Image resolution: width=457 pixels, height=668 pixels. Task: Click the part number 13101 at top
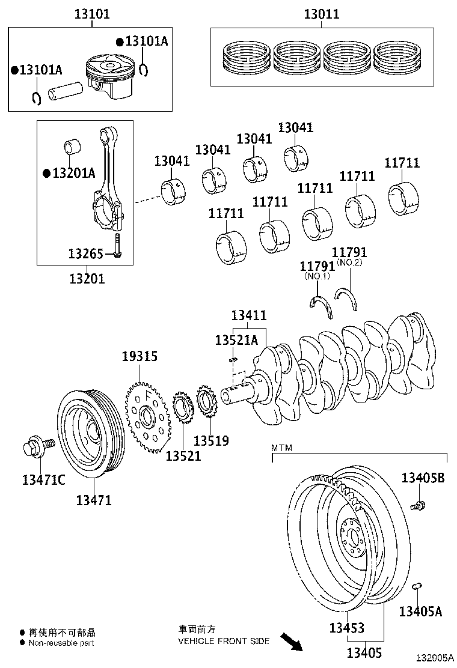click(92, 14)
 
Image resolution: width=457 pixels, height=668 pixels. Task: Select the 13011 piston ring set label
click(321, 14)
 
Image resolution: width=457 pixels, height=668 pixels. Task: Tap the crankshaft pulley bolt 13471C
click(37, 448)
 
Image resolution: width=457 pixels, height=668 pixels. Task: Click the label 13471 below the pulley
click(94, 499)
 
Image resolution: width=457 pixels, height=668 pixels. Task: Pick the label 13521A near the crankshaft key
click(236, 341)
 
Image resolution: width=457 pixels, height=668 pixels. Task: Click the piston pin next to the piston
click(64, 92)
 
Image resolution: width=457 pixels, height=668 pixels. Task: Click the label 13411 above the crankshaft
click(250, 315)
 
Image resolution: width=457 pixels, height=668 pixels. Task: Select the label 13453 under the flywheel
click(346, 628)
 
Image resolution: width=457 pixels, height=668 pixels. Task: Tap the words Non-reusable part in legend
click(61, 642)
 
